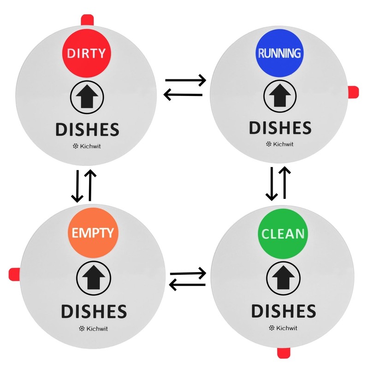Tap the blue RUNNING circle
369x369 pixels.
click(279, 53)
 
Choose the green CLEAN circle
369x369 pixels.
click(283, 233)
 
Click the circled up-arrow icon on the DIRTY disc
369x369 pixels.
click(87, 97)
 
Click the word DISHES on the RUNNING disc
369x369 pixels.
click(280, 128)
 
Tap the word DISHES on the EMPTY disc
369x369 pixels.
click(94, 312)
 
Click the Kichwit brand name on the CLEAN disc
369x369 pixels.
click(283, 328)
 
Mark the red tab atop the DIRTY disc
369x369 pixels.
click(88, 20)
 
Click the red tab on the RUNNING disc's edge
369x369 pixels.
click(353, 92)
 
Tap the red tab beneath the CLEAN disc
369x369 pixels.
click(282, 353)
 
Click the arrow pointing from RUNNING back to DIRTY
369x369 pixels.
click(184, 95)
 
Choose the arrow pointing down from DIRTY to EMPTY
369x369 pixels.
click(77, 186)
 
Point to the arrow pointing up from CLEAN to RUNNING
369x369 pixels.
click(286, 183)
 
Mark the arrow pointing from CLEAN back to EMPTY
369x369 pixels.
click(187, 285)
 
